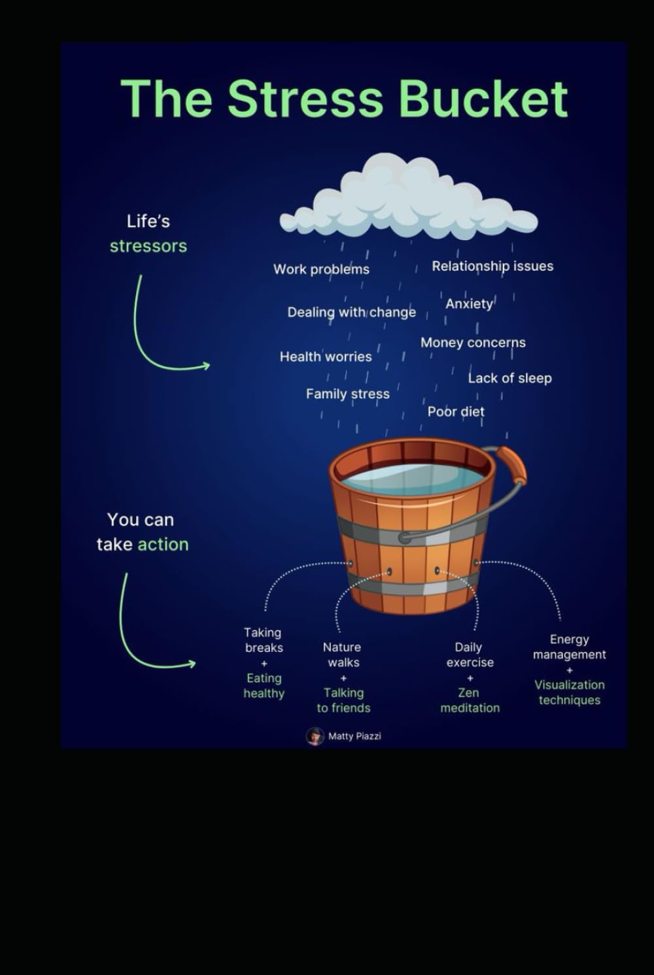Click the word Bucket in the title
click(x=483, y=99)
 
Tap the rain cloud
click(x=409, y=196)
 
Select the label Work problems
click(x=321, y=269)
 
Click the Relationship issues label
click(x=492, y=266)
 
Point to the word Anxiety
click(x=469, y=304)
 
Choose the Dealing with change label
click(x=351, y=313)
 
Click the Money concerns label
click(x=473, y=343)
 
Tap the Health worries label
click(x=326, y=357)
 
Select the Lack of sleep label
click(x=510, y=378)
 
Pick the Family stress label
click(x=347, y=394)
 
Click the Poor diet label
click(x=456, y=412)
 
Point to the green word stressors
click(x=148, y=247)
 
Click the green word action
click(x=163, y=545)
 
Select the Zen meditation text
click(x=470, y=700)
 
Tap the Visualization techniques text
click(x=570, y=693)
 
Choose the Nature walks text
click(x=343, y=655)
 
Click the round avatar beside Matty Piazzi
click(x=315, y=736)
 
